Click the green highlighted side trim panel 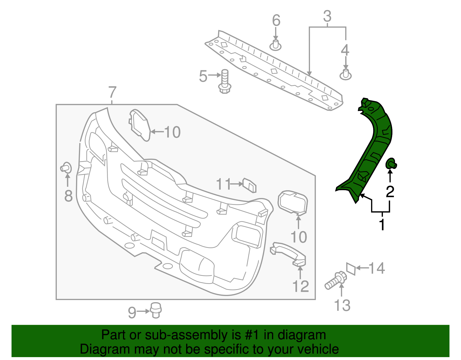coord(372,150)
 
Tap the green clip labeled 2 coord(391,164)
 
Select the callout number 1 coord(382,225)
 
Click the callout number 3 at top coord(327,16)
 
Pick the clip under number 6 coord(276,46)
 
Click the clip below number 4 coord(345,74)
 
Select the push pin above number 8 coord(66,168)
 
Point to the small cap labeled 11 coord(250,185)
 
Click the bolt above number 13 coord(336,280)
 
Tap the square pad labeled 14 coord(351,269)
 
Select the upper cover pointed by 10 coord(140,125)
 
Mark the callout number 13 coord(342,306)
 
